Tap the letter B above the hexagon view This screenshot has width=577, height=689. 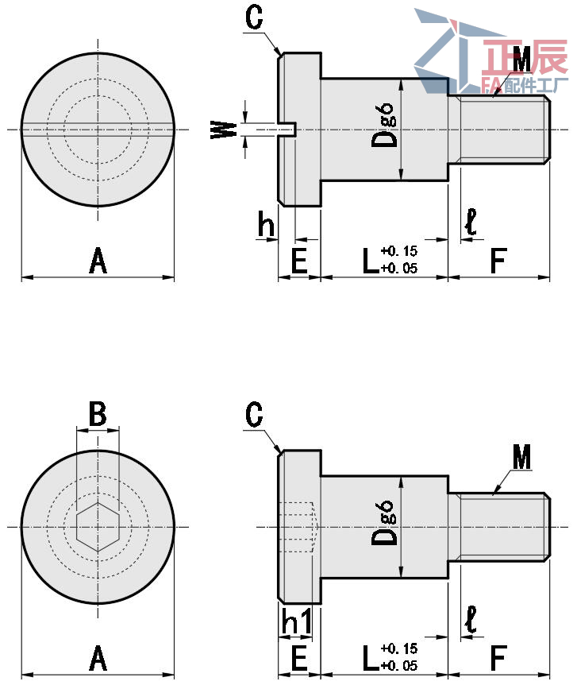[x=97, y=413]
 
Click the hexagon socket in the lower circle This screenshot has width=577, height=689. [x=98, y=526]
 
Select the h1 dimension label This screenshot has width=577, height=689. [x=296, y=624]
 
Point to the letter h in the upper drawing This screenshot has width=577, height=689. [x=267, y=226]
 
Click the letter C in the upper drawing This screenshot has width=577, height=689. [x=253, y=18]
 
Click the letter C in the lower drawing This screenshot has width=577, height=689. [x=254, y=414]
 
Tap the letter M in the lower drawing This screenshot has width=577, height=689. [x=521, y=457]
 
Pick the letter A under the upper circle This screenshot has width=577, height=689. [x=97, y=261]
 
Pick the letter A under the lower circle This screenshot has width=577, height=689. [x=97, y=658]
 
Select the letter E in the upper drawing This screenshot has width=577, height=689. [x=298, y=261]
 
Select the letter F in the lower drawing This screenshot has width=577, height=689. [x=498, y=658]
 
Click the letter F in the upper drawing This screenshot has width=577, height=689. [x=498, y=261]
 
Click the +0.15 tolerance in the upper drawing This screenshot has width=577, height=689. [x=399, y=251]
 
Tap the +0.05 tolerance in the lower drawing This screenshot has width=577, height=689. [x=399, y=666]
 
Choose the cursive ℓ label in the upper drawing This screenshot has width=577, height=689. [x=471, y=223]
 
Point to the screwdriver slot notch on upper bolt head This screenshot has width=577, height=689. [x=289, y=128]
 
